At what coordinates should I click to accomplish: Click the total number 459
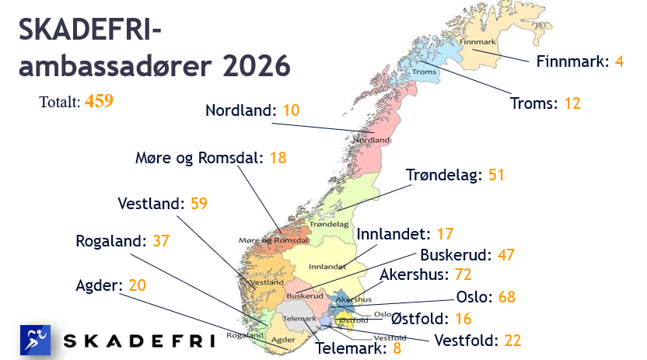(x=100, y=101)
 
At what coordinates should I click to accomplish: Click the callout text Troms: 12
(x=545, y=103)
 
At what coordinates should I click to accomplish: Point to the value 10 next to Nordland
(x=291, y=110)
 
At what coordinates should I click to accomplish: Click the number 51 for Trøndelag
(x=496, y=175)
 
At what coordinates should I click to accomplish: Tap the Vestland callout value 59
(x=198, y=204)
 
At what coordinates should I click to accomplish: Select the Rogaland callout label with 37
(x=122, y=241)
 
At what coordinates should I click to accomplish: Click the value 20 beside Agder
(x=137, y=285)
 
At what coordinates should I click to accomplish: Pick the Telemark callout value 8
(x=397, y=348)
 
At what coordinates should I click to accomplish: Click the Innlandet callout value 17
(x=444, y=233)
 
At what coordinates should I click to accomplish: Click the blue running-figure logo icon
(x=35, y=340)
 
